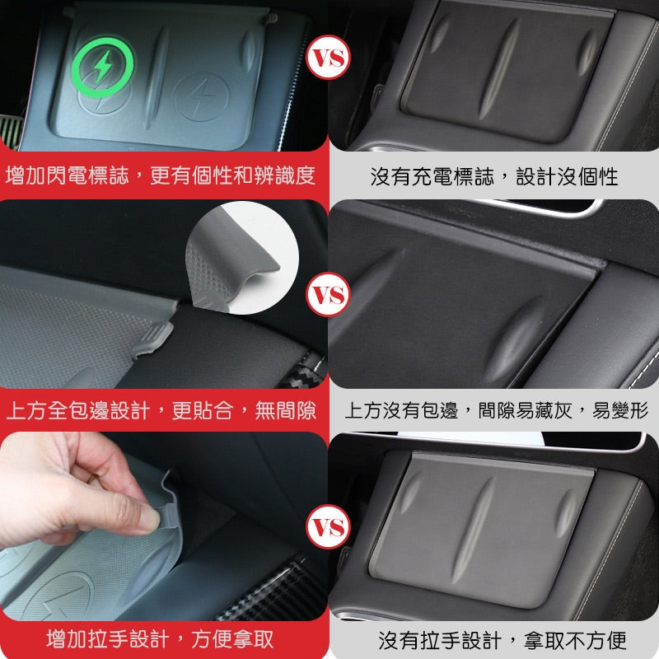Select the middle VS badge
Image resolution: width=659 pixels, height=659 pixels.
click(328, 294)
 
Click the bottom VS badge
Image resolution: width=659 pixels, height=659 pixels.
click(328, 528)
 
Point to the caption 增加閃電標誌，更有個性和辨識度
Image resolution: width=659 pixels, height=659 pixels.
click(161, 175)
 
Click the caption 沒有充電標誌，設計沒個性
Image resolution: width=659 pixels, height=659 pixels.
click(493, 176)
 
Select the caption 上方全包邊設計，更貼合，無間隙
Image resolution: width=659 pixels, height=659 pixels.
click(161, 409)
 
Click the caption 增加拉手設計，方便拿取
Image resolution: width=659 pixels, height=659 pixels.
click(160, 638)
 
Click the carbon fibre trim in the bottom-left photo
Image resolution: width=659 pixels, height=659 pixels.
click(264, 593)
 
